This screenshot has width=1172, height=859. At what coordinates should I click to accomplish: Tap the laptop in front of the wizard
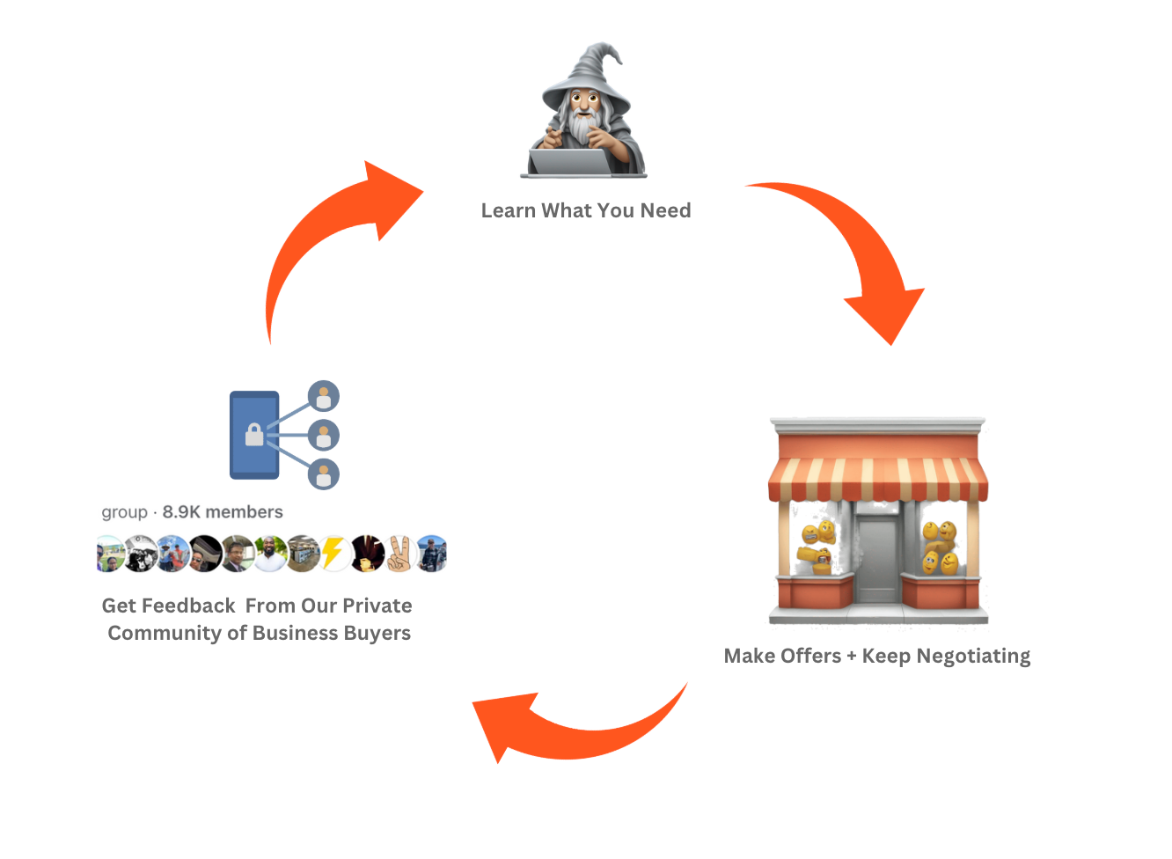pos(570,163)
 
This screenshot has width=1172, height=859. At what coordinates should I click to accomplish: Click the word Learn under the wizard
pos(509,211)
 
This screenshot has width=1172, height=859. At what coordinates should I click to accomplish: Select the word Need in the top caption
pos(665,211)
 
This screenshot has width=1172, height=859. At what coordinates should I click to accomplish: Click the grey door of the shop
pos(877,559)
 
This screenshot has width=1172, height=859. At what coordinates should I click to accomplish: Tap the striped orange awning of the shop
pos(877,480)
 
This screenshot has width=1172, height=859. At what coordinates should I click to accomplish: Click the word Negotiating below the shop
pos(973,657)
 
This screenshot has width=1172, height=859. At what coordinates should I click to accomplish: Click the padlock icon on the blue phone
pos(254,435)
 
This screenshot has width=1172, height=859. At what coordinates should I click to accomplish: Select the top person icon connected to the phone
pos(324,396)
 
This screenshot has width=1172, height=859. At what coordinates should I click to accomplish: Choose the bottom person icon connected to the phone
pos(324,474)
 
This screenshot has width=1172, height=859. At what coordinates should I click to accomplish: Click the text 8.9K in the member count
pos(181,512)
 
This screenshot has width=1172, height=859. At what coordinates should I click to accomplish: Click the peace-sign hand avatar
pos(399,554)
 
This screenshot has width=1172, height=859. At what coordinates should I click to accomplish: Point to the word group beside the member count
pos(124,512)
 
